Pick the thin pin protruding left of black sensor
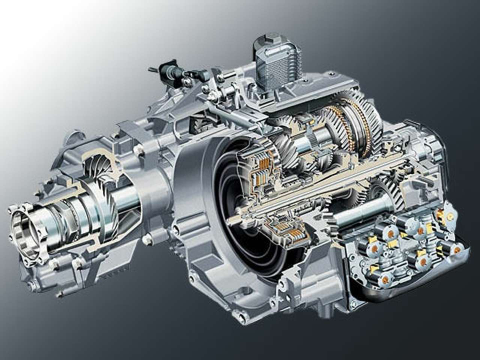pyautogui.click(x=152, y=69)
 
